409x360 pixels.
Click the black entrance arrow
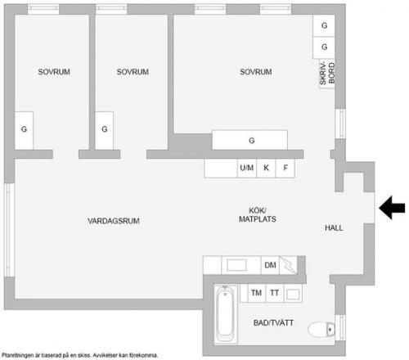pyautogui.click(x=392, y=208)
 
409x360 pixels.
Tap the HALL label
pyautogui.click(x=334, y=227)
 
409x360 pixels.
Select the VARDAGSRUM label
pyautogui.click(x=114, y=221)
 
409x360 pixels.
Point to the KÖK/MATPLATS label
pyautogui.click(x=258, y=214)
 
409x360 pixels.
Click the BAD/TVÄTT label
pyautogui.click(x=273, y=323)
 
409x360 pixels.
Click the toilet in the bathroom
pyautogui.click(x=321, y=330)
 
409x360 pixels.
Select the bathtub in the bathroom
pyautogui.click(x=225, y=314)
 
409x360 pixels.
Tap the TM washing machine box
pyautogui.click(x=256, y=293)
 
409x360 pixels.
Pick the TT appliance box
pyautogui.click(x=275, y=293)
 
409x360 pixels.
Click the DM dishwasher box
pyautogui.click(x=270, y=265)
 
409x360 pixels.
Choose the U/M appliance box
pyautogui.click(x=247, y=168)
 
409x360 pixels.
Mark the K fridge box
pyautogui.click(x=266, y=168)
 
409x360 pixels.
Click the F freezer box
pyautogui.click(x=285, y=168)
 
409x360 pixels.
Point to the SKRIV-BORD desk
pyautogui.click(x=327, y=74)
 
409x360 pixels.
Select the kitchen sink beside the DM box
pyautogui.click(x=236, y=265)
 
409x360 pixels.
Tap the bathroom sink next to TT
pyautogui.click(x=293, y=294)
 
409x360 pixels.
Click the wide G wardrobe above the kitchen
pyautogui.click(x=249, y=140)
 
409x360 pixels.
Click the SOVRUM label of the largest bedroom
pyautogui.click(x=256, y=72)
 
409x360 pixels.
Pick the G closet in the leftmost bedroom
pyautogui.click(x=24, y=130)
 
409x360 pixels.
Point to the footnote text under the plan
pyautogui.click(x=79, y=355)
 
